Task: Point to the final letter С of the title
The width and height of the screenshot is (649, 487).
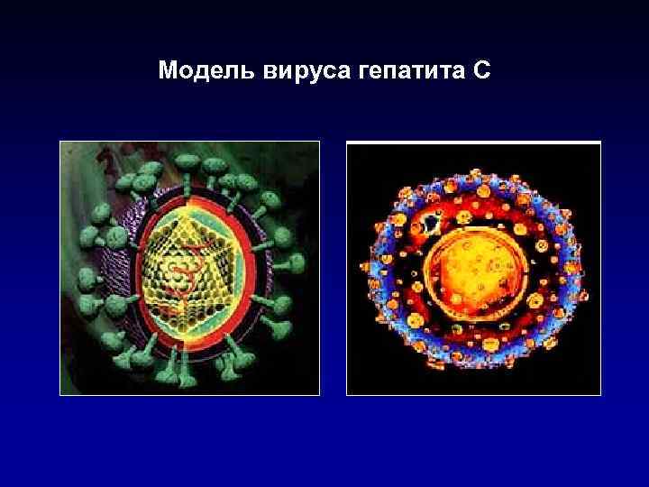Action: [481, 69]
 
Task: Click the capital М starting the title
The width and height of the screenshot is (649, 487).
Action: [166, 69]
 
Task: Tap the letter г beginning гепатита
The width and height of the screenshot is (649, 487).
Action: [357, 71]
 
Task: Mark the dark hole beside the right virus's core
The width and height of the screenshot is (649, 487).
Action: [432, 222]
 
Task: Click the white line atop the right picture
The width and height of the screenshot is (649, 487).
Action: [473, 142]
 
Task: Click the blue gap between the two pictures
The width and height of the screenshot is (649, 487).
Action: [334, 271]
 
